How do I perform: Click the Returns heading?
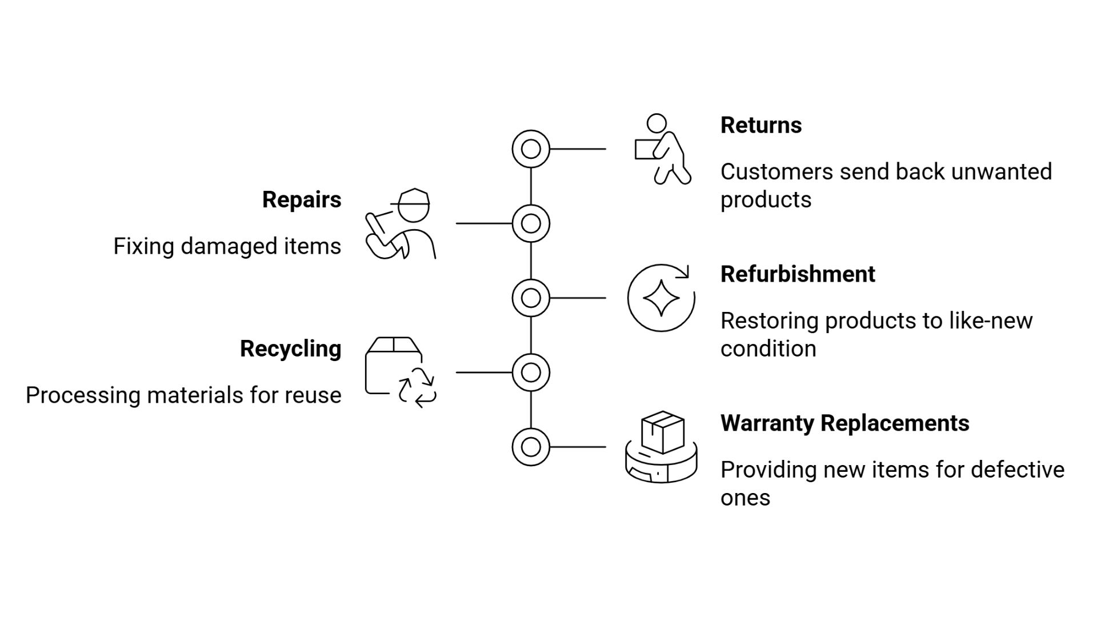point(760,125)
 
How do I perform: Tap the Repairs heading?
point(302,199)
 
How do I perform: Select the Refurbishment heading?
point(797,274)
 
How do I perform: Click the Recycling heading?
point(290,348)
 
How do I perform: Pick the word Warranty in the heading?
point(767,423)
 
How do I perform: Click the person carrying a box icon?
point(662,149)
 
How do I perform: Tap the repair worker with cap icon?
point(401,224)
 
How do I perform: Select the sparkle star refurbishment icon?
point(661,298)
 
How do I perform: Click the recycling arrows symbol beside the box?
point(418,388)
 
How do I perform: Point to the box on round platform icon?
point(662,447)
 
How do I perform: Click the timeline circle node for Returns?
point(531,149)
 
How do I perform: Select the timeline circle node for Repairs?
point(531,223)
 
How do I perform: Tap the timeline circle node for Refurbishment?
point(531,298)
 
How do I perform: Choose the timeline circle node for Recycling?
point(531,372)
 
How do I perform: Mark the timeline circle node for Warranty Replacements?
point(531,447)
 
